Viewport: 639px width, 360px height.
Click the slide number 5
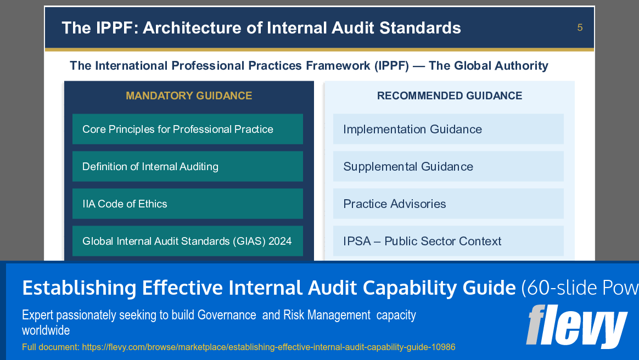pyautogui.click(x=580, y=27)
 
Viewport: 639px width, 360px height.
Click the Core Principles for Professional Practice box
pyautogui.click(x=187, y=129)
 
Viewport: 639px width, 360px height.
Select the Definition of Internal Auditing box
pyautogui.click(x=187, y=166)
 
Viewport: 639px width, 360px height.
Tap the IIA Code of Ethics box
pyautogui.click(x=187, y=204)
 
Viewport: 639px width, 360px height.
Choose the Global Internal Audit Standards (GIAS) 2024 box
pyautogui.click(x=187, y=241)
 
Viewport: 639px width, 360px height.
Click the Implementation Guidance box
pyautogui.click(x=448, y=129)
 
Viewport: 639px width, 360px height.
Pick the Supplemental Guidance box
pyautogui.click(x=448, y=166)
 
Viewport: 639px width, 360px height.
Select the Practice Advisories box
pyautogui.click(x=448, y=204)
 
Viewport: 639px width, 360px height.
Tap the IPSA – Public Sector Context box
pyautogui.click(x=448, y=241)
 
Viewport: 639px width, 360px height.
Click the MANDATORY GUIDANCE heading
pyautogui.click(x=189, y=95)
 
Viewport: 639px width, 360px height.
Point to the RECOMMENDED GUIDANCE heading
pyautogui.click(x=450, y=95)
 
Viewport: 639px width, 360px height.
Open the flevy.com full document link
pyautogui.click(x=268, y=347)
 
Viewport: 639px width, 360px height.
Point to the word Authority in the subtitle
pyautogui.click(x=519, y=66)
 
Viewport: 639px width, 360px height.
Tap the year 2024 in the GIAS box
pyautogui.click(x=280, y=241)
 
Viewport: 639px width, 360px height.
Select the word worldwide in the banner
pyautogui.click(x=46, y=330)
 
